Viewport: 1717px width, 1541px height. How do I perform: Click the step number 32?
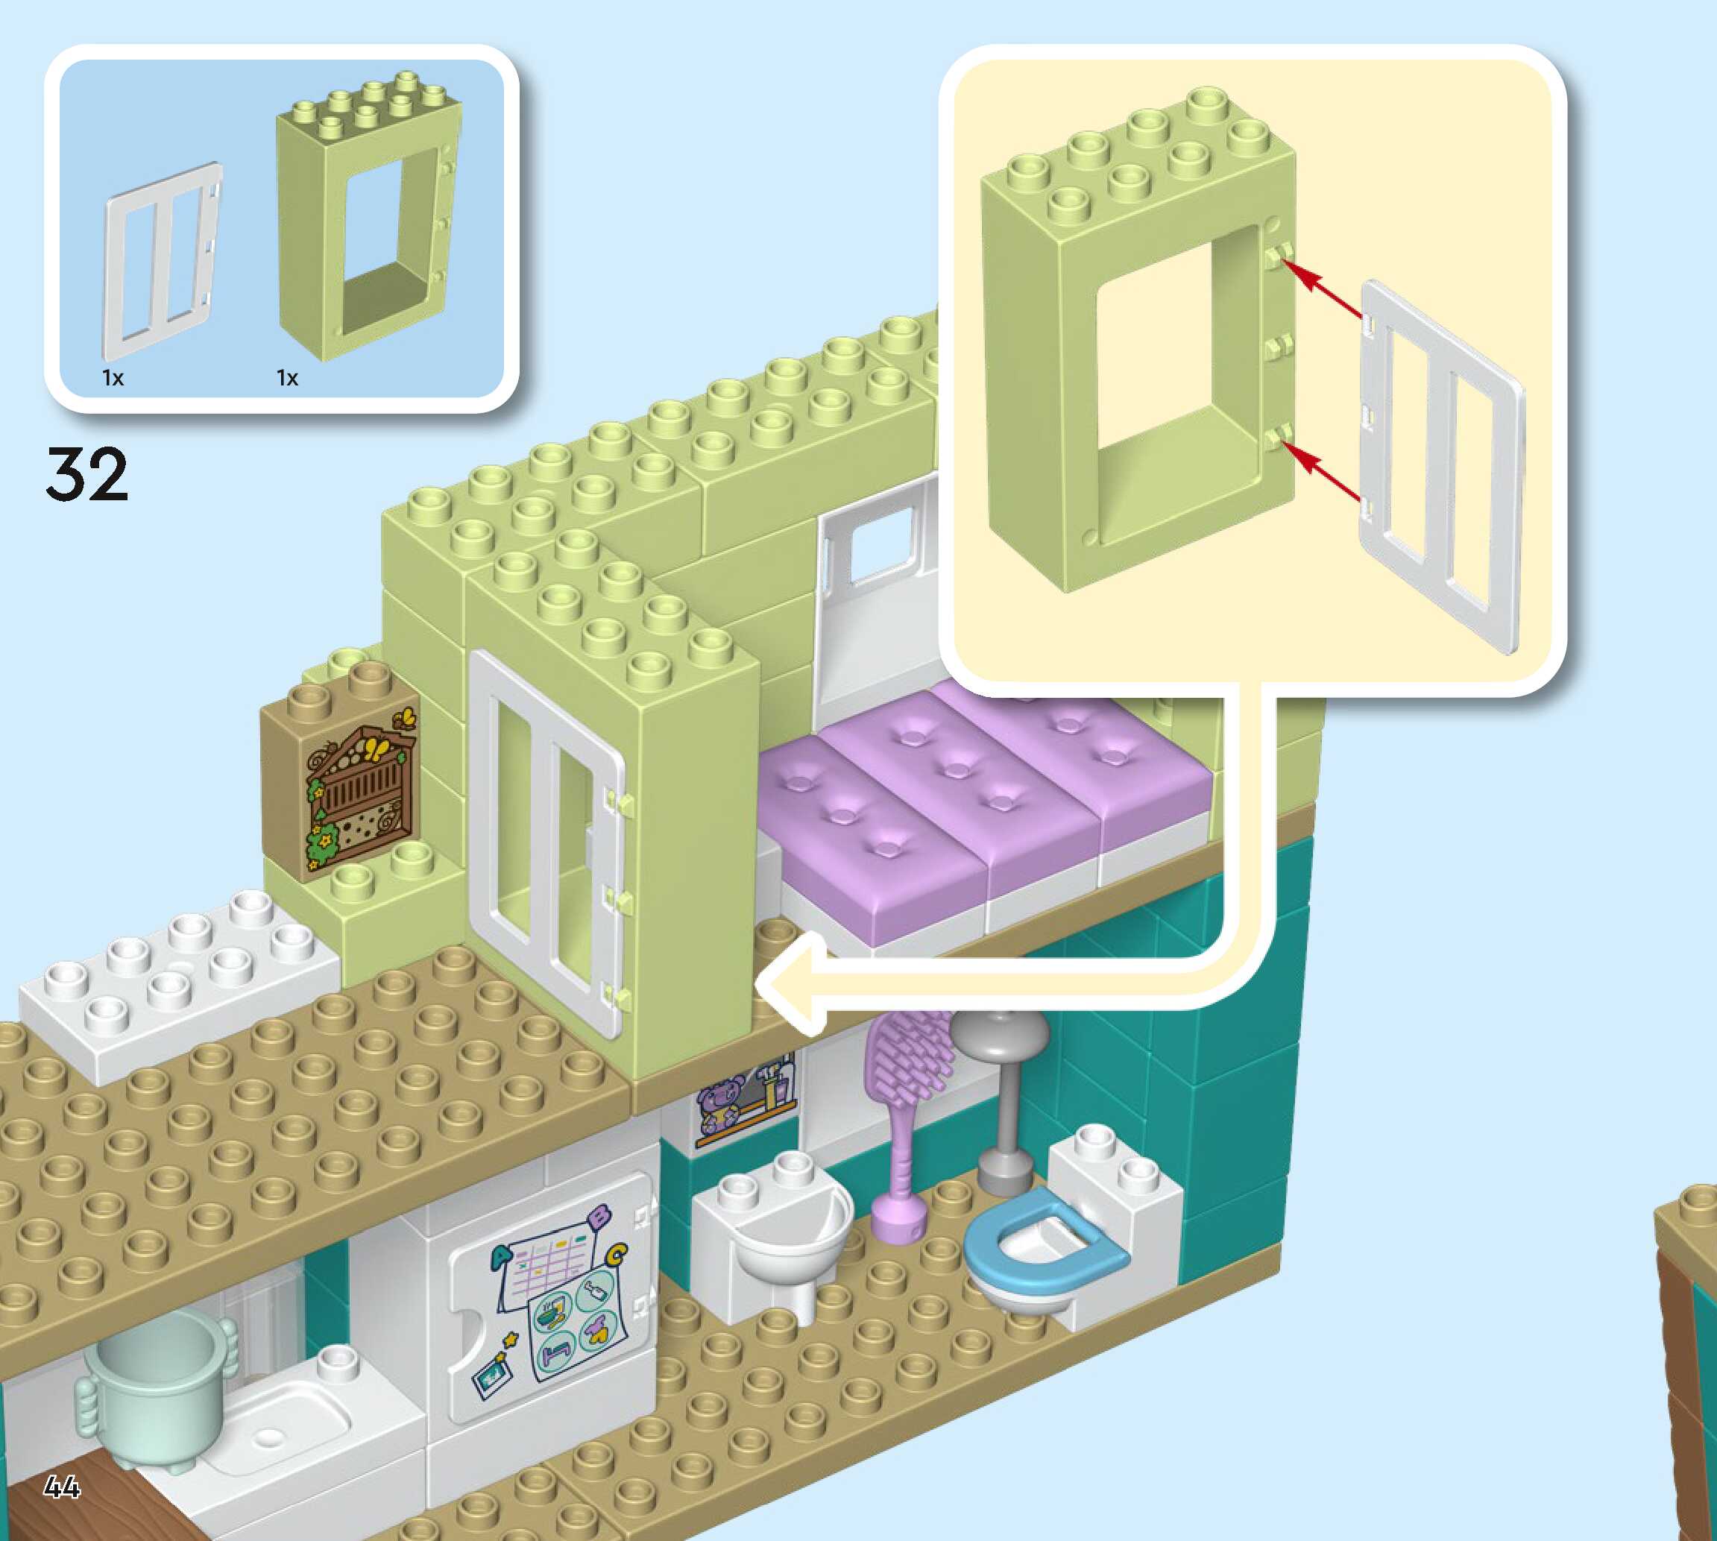pos(86,474)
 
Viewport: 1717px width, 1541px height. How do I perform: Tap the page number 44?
pos(62,1486)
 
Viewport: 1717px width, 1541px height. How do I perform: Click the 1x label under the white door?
pos(113,379)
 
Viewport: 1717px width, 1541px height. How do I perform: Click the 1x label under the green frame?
pos(287,379)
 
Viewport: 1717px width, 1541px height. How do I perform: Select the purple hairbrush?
pos(906,1092)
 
